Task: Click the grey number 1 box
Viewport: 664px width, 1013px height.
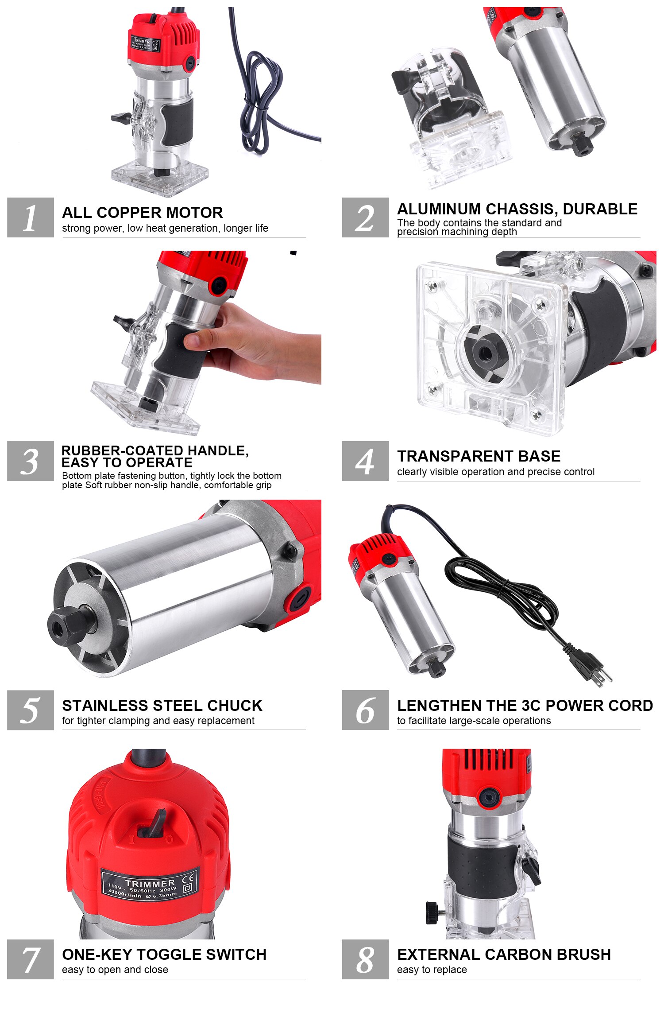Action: coord(30,217)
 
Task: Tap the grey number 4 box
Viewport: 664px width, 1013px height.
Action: coord(365,461)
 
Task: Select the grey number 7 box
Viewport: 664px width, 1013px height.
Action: coord(30,959)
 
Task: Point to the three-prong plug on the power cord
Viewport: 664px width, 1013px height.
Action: coord(589,664)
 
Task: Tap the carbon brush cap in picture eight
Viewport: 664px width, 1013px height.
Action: coord(489,797)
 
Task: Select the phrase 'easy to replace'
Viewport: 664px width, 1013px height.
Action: coord(432,970)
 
